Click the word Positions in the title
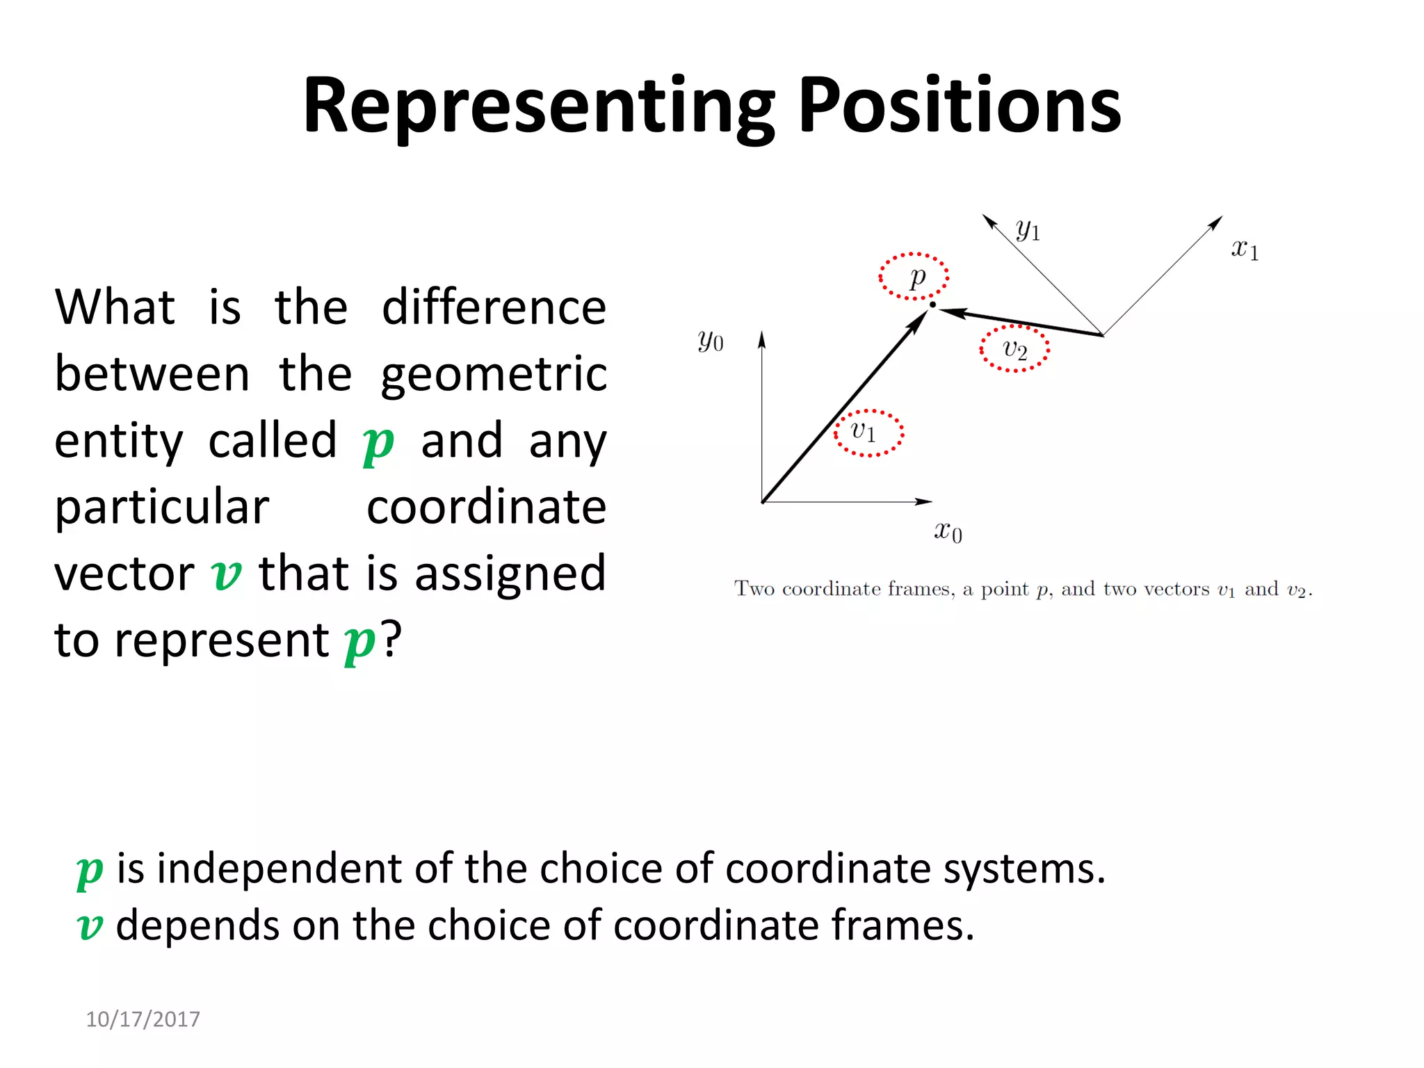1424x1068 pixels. (x=960, y=106)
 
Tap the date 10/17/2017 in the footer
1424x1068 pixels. (x=143, y=1019)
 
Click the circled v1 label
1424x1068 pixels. (x=866, y=432)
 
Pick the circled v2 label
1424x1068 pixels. (x=1014, y=348)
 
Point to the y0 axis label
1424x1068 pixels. (x=711, y=341)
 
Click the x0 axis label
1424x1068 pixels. (x=948, y=532)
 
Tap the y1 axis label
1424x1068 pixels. (x=1028, y=229)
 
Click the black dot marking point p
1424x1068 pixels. (x=932, y=305)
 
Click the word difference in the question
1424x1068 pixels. (x=494, y=307)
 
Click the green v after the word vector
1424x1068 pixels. (x=226, y=575)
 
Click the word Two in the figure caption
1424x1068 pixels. (x=754, y=589)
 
